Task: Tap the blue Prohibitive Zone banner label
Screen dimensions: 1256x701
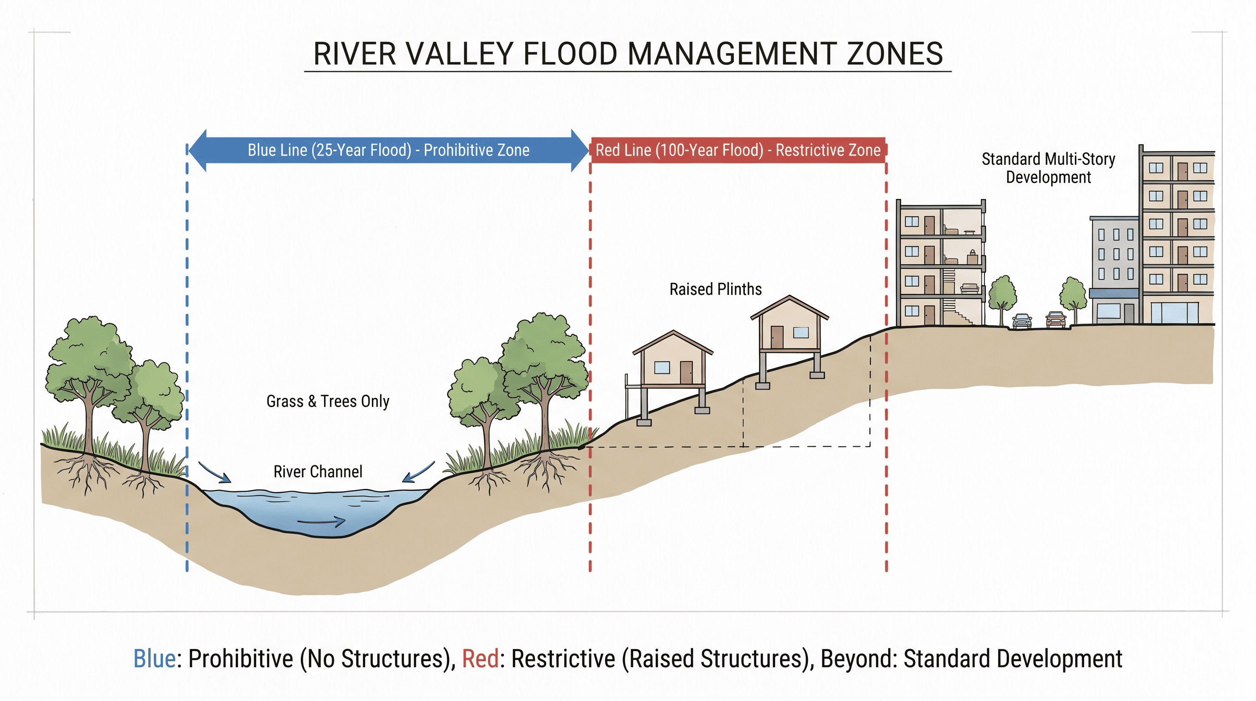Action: point(388,150)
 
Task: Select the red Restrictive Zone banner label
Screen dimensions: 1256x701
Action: point(738,150)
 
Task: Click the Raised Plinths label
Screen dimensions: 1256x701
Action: point(715,289)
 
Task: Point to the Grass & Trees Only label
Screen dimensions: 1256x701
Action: point(328,401)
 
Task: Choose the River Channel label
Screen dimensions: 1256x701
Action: point(318,471)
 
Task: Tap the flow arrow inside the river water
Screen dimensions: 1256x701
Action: point(321,522)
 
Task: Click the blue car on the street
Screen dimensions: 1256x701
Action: point(1022,321)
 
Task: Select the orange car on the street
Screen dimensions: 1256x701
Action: point(1056,319)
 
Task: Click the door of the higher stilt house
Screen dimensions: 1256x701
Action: point(777,337)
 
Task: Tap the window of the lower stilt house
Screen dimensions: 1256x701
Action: point(662,367)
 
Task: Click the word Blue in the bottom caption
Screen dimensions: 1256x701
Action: point(155,659)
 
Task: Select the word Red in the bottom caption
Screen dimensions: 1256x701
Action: point(480,659)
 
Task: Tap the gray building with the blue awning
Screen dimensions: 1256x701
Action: point(1115,270)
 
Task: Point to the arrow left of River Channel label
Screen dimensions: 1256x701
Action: point(215,472)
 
